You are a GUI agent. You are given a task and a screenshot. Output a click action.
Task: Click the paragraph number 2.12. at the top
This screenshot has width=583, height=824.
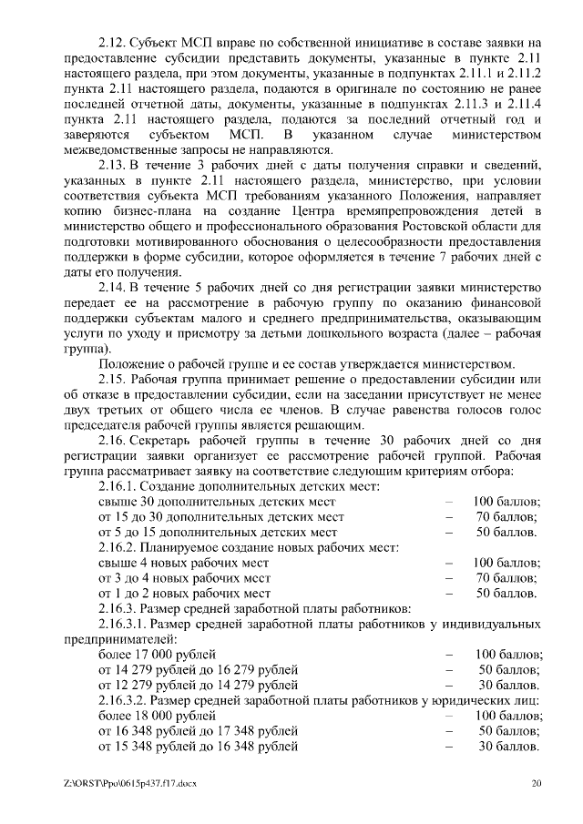click(x=113, y=42)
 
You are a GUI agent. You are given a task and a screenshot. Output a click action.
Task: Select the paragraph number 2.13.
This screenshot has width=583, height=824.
click(x=113, y=165)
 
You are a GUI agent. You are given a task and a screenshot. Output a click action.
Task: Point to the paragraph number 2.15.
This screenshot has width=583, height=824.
click(x=113, y=378)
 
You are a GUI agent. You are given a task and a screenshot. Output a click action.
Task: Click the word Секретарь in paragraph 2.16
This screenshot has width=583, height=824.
click(x=166, y=439)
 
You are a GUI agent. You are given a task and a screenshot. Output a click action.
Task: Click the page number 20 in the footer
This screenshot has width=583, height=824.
click(x=537, y=783)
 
